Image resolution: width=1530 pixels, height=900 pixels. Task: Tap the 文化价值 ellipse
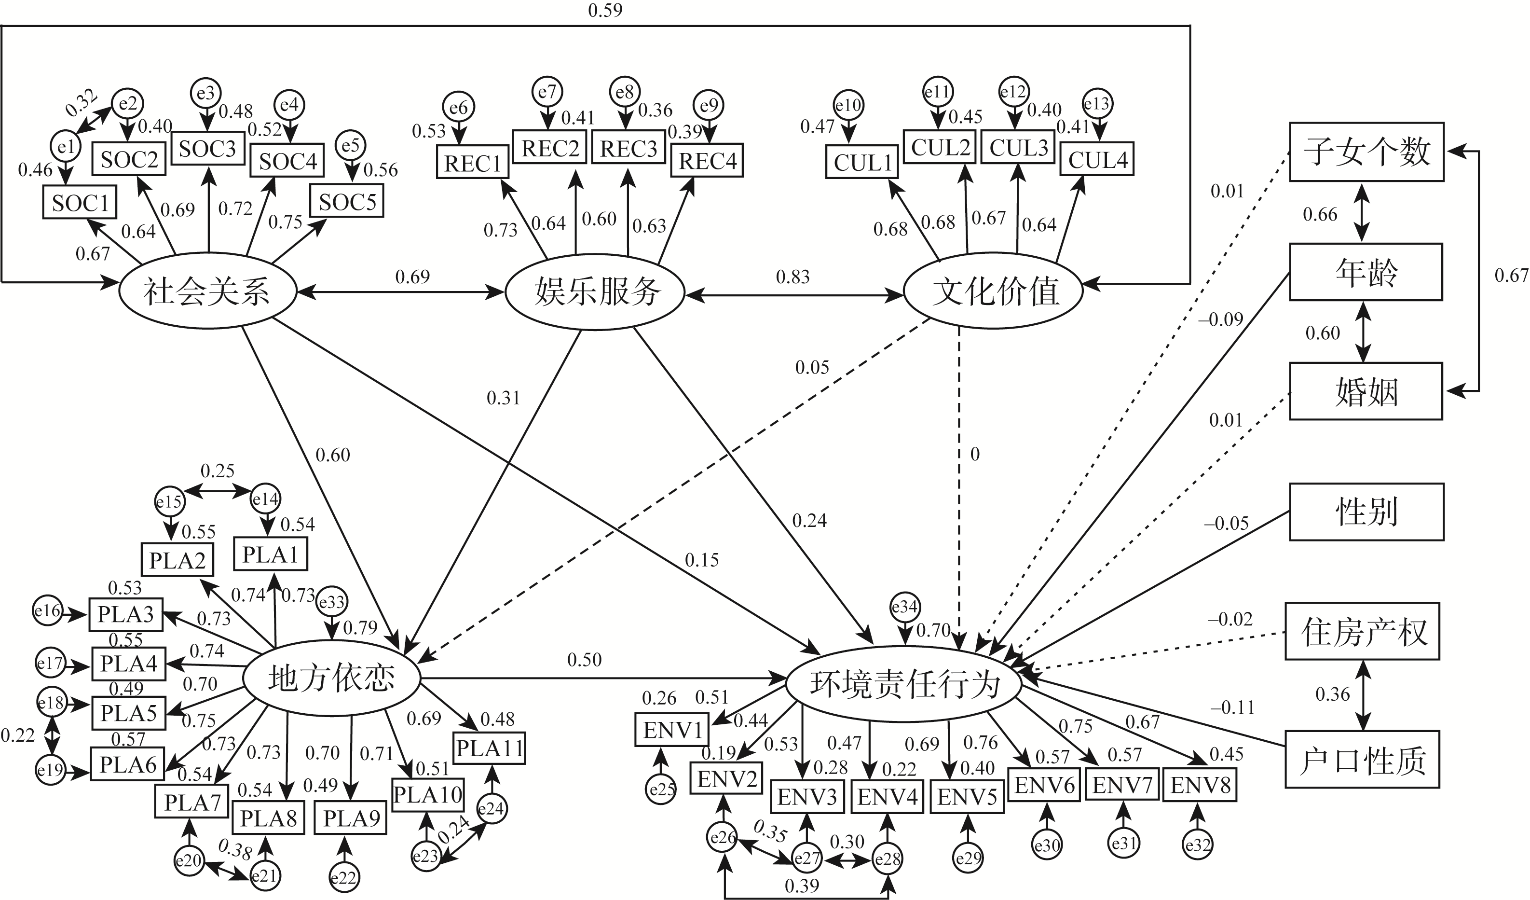994,291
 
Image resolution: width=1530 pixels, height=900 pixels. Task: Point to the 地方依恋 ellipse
331,678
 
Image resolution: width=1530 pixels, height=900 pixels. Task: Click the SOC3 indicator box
207,149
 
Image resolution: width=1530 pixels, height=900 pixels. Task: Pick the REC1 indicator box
472,163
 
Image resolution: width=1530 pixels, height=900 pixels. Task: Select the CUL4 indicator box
1097,160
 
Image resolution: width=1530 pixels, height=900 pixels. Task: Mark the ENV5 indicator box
967,797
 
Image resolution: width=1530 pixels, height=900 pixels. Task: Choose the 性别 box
1366,512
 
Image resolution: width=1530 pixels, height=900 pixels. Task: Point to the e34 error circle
905,607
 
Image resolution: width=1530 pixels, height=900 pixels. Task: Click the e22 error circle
343,877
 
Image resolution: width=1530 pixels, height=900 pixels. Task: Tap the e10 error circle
848,106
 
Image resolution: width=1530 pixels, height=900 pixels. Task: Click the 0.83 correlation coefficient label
792,277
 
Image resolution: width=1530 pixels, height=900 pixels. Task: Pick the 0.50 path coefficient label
584,660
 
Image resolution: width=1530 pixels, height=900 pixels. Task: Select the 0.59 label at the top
605,10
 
